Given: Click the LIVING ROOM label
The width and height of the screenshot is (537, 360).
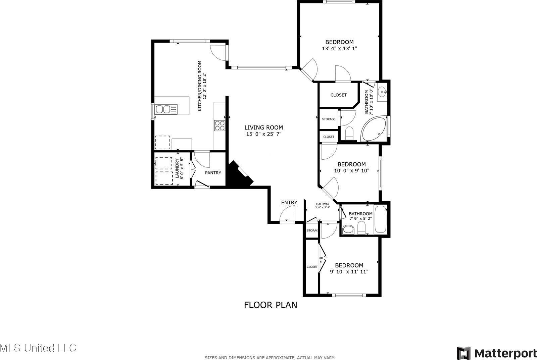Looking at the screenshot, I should tap(263, 127).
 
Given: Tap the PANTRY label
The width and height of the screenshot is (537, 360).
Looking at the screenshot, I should tap(213, 173).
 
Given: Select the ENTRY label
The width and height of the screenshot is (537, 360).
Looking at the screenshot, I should tap(289, 202).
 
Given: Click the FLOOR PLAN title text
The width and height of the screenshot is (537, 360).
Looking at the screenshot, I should tap(270, 305).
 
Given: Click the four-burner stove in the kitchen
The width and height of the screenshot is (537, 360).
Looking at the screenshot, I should tap(220, 125).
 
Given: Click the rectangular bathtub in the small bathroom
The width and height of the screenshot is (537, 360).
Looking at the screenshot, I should tap(381, 220).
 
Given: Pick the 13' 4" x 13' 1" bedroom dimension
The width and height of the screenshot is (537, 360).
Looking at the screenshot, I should tap(339, 48).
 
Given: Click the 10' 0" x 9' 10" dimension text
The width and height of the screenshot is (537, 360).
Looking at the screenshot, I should tap(351, 170).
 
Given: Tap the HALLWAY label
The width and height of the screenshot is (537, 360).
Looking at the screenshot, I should tap(323, 204).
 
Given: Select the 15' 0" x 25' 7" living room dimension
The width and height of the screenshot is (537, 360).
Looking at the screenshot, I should tap(263, 134).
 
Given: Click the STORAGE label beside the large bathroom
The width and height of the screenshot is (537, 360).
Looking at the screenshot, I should tap(329, 119).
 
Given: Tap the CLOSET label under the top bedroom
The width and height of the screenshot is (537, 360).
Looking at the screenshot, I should tap(338, 95).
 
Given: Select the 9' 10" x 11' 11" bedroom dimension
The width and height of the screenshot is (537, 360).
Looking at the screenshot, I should tap(349, 271).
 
